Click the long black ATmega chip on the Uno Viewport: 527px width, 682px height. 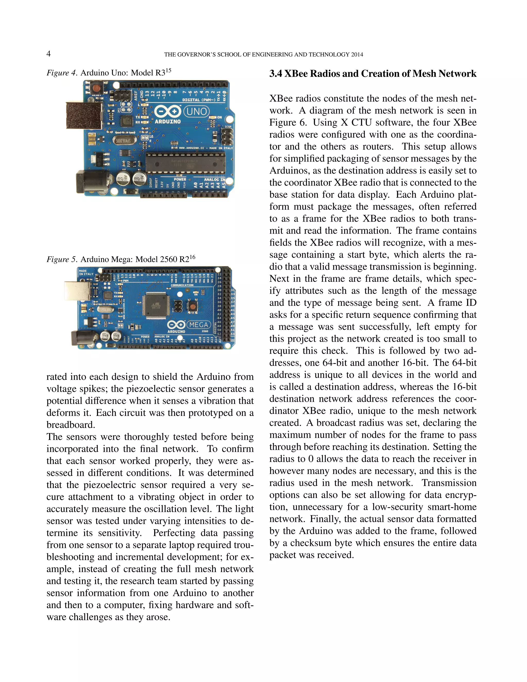coord(186,163)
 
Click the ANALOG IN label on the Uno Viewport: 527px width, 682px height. coord(215,180)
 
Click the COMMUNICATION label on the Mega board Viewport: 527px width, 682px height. coord(182,285)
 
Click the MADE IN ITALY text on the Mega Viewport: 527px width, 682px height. coord(86,272)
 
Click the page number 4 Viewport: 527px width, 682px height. coord(49,54)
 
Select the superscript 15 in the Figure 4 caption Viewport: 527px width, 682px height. coord(168,71)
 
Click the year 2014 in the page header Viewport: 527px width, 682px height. coord(357,55)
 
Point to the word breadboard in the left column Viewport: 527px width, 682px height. coord(70,425)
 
